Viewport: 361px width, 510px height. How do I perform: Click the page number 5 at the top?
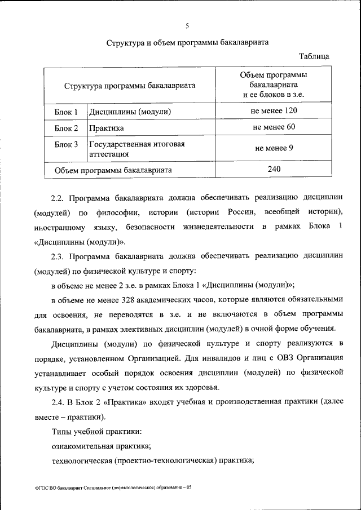coord(187,24)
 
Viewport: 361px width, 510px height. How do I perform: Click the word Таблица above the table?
coord(314,56)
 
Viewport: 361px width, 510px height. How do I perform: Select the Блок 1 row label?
coord(66,112)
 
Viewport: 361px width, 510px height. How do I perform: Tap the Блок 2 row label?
coord(66,128)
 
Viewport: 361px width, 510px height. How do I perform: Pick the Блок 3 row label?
coord(66,145)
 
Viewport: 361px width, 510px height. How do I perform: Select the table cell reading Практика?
coord(106,128)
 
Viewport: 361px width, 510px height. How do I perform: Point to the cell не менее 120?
coord(274,110)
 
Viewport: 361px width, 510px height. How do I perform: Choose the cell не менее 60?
coord(274,127)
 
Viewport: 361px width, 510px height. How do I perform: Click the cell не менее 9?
coord(274,149)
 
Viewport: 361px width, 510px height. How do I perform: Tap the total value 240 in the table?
coord(274,168)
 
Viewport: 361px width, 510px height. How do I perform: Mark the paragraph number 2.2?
coord(59,198)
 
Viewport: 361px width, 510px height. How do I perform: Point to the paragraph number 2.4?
coord(59,403)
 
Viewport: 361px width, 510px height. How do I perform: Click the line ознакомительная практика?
coord(101,446)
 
